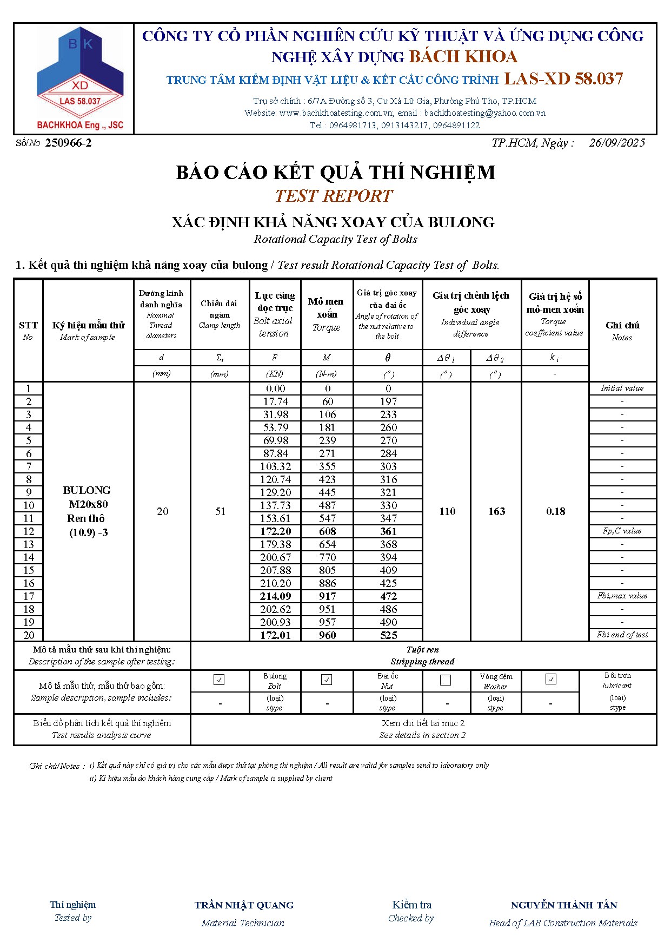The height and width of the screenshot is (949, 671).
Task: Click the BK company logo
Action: click(x=80, y=78)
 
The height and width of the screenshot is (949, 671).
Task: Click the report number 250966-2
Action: click(x=68, y=143)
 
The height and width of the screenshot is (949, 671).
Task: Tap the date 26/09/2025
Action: click(x=617, y=143)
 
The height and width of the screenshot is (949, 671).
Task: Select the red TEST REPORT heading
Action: click(x=334, y=196)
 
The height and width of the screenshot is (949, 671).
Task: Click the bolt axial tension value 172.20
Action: click(x=276, y=531)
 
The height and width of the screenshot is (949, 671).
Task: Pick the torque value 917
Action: click(x=327, y=596)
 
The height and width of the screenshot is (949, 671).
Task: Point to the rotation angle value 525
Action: click(x=388, y=635)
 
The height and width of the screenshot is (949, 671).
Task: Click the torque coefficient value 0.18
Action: click(x=555, y=511)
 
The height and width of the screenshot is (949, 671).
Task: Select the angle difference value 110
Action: click(x=447, y=511)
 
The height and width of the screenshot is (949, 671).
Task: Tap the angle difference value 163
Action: click(x=496, y=511)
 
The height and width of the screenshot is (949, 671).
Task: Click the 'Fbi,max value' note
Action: click(x=622, y=596)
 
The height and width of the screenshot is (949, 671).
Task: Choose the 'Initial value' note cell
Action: click(x=622, y=388)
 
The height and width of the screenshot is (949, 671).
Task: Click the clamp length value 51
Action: click(x=220, y=511)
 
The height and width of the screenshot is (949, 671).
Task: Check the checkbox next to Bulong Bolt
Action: click(x=219, y=680)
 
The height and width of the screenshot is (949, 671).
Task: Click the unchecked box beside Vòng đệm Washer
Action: click(x=446, y=680)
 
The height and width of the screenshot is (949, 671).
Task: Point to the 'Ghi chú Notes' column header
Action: click(x=622, y=331)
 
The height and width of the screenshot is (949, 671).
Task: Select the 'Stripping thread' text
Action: click(x=422, y=661)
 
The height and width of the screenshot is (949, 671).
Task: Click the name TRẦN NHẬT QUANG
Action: click(x=244, y=905)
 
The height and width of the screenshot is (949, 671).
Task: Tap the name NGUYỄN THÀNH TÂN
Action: click(x=563, y=905)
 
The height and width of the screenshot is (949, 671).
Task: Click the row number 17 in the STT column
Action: click(x=29, y=596)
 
